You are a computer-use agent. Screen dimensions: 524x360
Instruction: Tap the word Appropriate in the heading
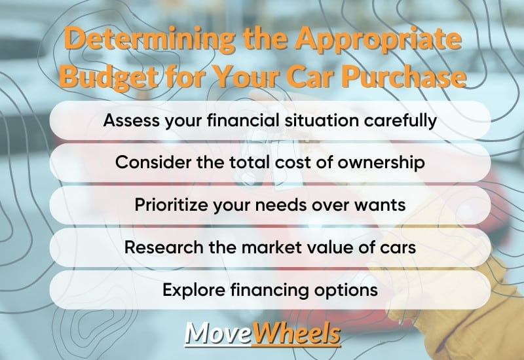pos(379,40)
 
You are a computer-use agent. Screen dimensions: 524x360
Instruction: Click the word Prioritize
pos(171,206)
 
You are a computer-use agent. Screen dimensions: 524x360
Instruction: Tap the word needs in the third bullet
pos(281,206)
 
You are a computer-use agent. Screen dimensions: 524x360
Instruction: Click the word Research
pos(164,247)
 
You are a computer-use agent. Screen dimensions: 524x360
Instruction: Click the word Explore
pos(194,290)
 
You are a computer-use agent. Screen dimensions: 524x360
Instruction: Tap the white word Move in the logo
pos(218,334)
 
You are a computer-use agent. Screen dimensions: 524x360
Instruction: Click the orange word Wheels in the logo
pos(297,334)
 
